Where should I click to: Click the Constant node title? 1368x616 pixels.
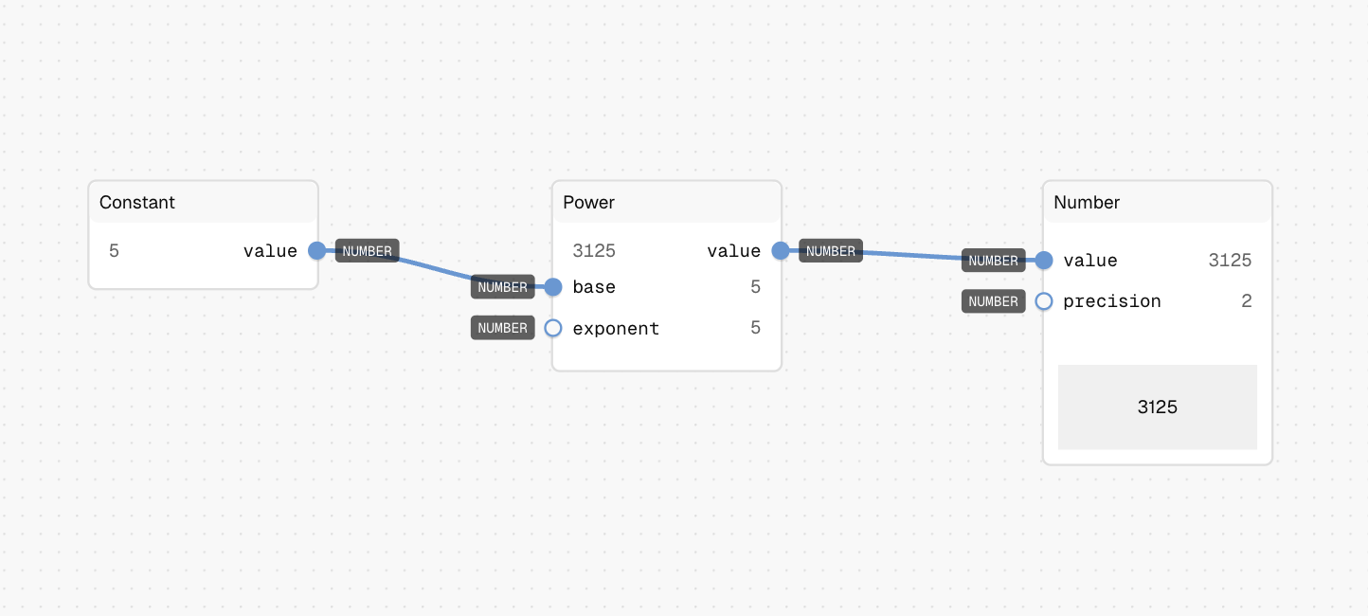[x=136, y=202]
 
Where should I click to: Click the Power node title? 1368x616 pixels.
[x=588, y=202]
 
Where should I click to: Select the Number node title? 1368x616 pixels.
[x=1087, y=202]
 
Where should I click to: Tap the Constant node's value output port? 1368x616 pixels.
[x=317, y=250]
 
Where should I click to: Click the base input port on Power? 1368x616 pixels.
[x=553, y=286]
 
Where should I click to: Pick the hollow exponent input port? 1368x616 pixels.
[x=553, y=328]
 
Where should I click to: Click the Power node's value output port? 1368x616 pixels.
[x=781, y=250]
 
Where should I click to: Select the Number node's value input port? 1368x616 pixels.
[x=1044, y=261]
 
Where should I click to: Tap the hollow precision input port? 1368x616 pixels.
[x=1044, y=301]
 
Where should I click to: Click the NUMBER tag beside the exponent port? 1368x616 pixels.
[x=503, y=328]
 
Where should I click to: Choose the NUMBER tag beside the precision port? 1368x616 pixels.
[x=994, y=301]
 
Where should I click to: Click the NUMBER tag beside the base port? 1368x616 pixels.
[x=503, y=287]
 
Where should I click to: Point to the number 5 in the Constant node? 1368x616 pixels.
[x=115, y=251]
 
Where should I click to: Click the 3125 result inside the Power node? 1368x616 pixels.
[x=594, y=251]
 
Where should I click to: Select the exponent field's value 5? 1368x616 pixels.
[x=755, y=328]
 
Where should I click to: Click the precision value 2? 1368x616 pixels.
[x=1247, y=301]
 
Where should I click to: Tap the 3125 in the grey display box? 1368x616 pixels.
[x=1158, y=407]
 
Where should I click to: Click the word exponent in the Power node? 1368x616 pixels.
[x=616, y=330]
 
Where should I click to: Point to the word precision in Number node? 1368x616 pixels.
[x=1112, y=302]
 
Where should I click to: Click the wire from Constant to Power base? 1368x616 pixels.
[x=435, y=268]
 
